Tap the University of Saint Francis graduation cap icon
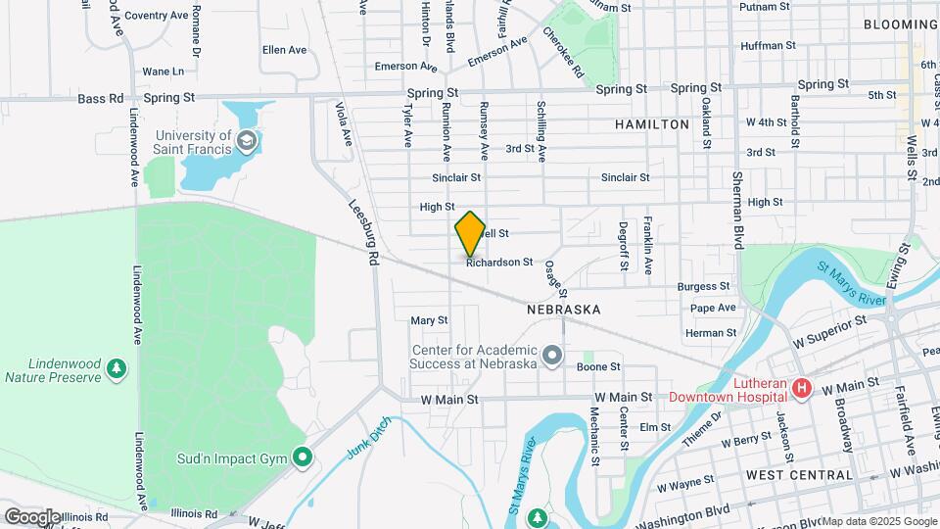click(x=247, y=141)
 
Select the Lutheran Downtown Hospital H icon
click(x=802, y=390)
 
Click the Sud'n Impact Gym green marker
click(x=304, y=457)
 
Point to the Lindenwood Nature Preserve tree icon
click(x=117, y=369)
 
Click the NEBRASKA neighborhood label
click(x=563, y=309)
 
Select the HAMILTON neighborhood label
click(x=652, y=124)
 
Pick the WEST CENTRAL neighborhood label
click(x=799, y=474)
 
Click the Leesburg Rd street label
click(x=365, y=232)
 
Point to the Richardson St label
click(x=499, y=263)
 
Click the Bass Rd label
click(x=102, y=98)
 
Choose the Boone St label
click(x=598, y=366)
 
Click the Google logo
click(x=32, y=516)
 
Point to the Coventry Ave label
click(x=156, y=16)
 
